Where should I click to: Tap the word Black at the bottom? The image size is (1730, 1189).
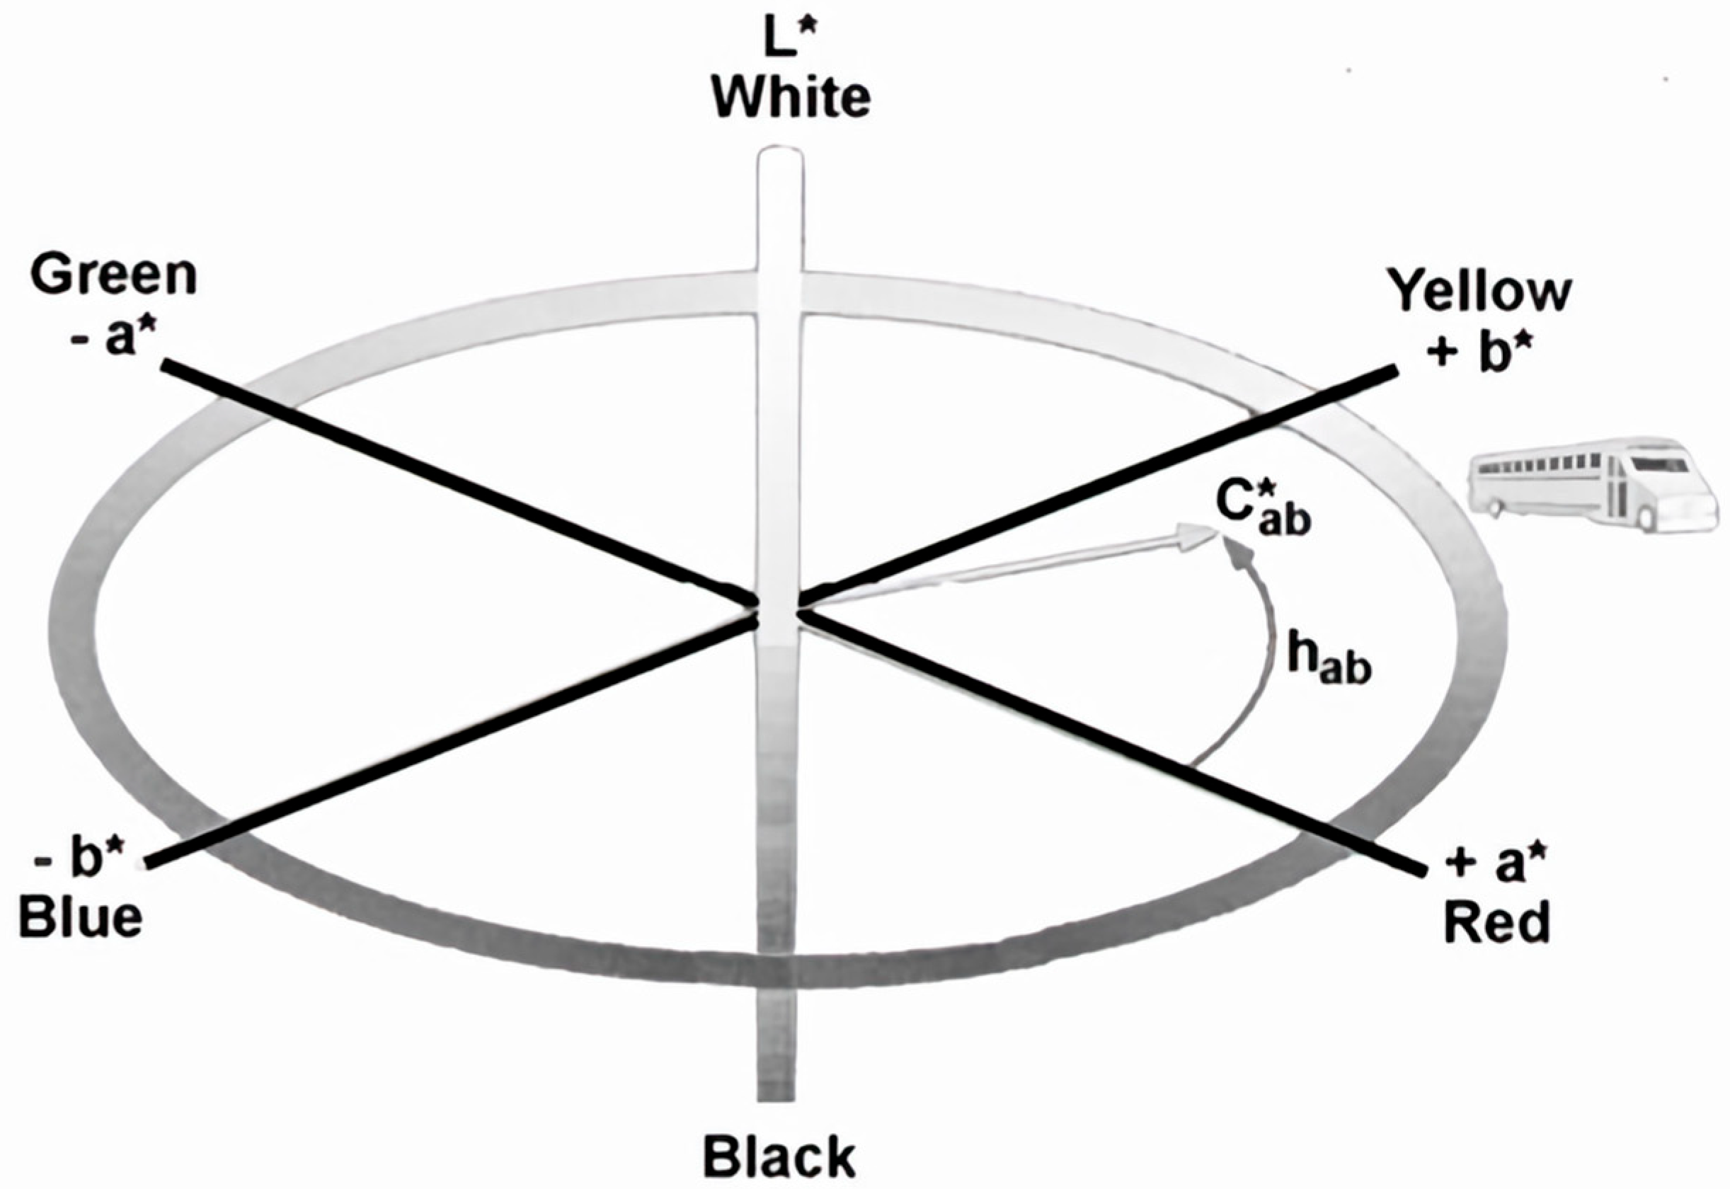point(779,1158)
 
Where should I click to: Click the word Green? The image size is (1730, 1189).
point(113,277)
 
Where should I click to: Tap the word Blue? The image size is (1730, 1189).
point(81,918)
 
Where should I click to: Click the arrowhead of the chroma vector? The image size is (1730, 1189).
point(1196,536)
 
